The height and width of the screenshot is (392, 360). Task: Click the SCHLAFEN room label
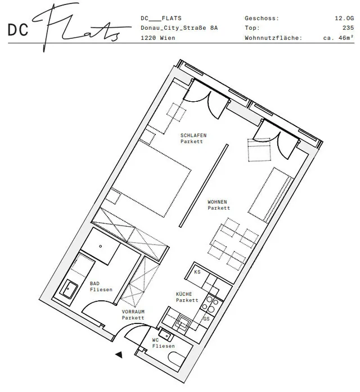[193, 135]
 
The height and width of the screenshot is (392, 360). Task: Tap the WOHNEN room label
[217, 202]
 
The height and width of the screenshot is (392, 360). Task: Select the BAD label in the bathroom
[94, 283]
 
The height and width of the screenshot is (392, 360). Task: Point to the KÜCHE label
[184, 294]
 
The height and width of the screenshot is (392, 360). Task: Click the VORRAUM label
[133, 312]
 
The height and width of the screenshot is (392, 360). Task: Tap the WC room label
[155, 340]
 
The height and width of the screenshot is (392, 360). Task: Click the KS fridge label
[197, 272]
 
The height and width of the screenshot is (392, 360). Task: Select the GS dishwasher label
[206, 319]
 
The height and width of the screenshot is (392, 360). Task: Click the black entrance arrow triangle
[119, 354]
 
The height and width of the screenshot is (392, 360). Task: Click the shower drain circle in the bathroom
[101, 246]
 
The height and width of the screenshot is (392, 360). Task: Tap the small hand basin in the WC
[165, 335]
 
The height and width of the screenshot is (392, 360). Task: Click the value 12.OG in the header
[344, 18]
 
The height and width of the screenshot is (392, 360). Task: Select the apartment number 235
[348, 28]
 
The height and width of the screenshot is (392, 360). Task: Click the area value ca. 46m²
[339, 38]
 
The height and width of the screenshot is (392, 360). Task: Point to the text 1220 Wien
[158, 38]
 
